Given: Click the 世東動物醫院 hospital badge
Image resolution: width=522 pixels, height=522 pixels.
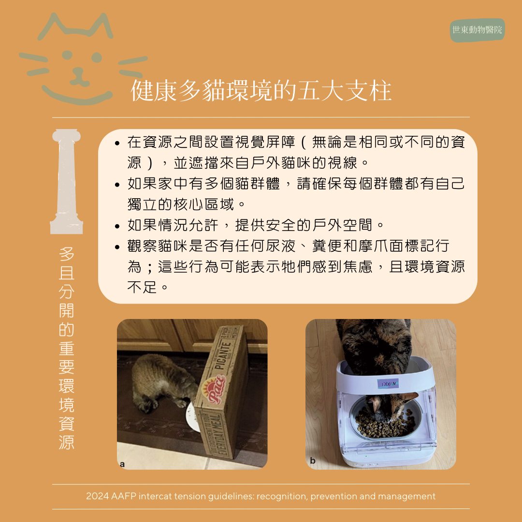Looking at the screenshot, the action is point(478,30).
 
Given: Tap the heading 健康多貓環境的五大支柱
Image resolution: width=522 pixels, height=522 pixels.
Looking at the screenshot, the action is point(261,90).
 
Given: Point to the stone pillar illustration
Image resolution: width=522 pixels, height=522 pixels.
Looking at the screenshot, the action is point(66,181).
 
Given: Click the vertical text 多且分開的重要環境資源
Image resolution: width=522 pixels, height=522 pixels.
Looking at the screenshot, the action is point(67,348).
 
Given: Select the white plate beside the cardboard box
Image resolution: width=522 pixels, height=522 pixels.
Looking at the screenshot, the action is point(192,417).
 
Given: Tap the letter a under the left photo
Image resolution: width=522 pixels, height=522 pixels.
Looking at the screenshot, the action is point(122,464).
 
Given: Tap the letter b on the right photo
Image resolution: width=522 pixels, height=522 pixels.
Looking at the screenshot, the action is point(312,461).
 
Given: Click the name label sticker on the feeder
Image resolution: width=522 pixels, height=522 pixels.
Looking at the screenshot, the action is point(388,384).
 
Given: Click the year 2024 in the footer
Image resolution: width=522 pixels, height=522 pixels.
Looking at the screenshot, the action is point(97,496).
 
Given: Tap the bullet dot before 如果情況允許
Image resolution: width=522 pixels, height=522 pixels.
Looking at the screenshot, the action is point(117,226).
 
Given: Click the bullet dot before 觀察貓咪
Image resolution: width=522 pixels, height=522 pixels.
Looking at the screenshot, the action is point(117,247).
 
